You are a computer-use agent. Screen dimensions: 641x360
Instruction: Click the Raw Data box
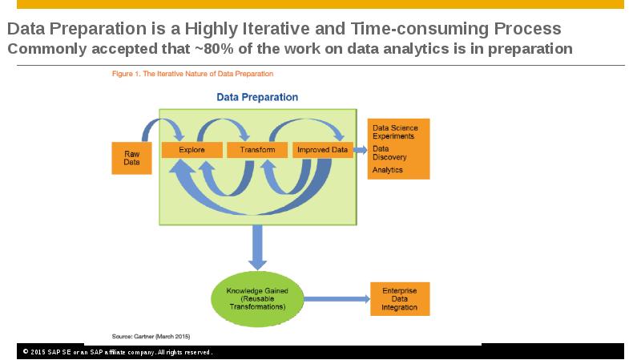click(x=131, y=158)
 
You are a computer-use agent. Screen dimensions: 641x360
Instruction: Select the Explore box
click(x=192, y=150)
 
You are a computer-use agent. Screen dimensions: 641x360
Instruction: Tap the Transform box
click(x=257, y=150)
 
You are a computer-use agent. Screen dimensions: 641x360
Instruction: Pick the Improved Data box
click(x=323, y=150)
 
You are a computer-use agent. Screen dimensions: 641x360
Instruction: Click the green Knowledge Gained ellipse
click(x=257, y=299)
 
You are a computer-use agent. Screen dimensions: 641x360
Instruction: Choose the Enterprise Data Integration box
click(x=400, y=299)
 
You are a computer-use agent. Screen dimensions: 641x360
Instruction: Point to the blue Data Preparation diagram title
click(x=257, y=97)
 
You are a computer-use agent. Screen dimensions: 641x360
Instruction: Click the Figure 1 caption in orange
click(x=192, y=74)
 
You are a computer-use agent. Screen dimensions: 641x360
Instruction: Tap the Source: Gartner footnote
click(x=151, y=336)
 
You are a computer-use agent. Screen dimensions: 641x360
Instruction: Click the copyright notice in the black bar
click(x=117, y=352)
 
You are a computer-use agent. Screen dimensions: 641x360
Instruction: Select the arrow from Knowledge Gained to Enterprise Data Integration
click(x=337, y=299)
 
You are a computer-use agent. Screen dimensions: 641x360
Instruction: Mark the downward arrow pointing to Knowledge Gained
click(x=257, y=248)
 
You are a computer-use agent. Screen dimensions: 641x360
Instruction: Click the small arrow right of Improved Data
click(x=360, y=150)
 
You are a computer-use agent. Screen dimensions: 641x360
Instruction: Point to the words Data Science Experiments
click(x=395, y=132)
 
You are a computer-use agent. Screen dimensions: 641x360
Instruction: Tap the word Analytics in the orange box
click(x=387, y=170)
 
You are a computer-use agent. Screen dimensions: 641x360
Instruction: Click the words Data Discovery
click(x=389, y=153)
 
